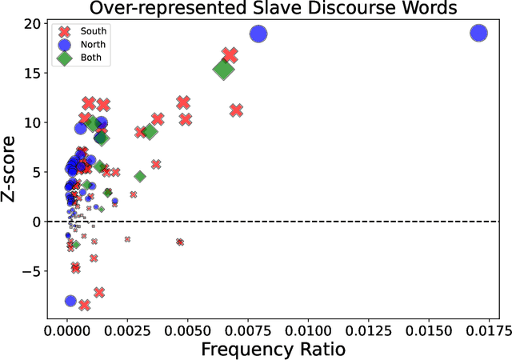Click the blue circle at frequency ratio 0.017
478,34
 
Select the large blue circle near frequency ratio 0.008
258,34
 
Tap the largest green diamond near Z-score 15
223,70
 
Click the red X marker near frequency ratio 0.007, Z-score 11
236,110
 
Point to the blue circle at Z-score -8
70,301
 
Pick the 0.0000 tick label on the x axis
67,329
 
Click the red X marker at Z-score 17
230,55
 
